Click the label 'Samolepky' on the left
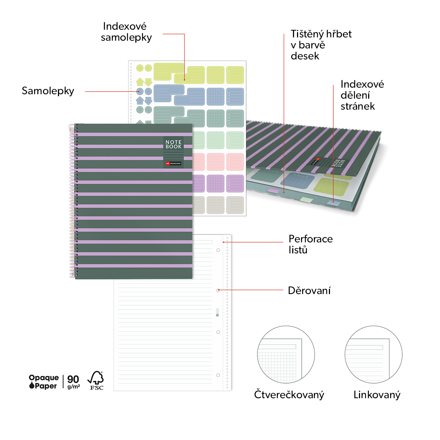tap(48, 91)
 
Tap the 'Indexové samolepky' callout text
tap(126, 32)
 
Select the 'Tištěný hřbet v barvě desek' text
tap(321, 45)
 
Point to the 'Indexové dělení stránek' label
tap(362, 95)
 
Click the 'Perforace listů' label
tap(311, 244)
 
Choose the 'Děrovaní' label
tap(309, 291)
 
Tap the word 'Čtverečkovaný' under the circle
tap(289, 395)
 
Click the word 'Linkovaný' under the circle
tap(377, 395)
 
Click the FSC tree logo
tap(96, 380)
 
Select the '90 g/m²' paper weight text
tap(73, 382)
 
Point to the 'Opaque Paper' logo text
tap(44, 382)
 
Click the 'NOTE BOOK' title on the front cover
tap(173, 144)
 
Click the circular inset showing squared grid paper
tap(286, 354)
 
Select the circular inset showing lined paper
tap(374, 354)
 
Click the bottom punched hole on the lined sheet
tap(218, 375)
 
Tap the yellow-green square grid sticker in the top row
tap(216, 75)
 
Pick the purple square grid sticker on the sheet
tap(216, 184)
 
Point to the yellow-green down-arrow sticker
tap(148, 82)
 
